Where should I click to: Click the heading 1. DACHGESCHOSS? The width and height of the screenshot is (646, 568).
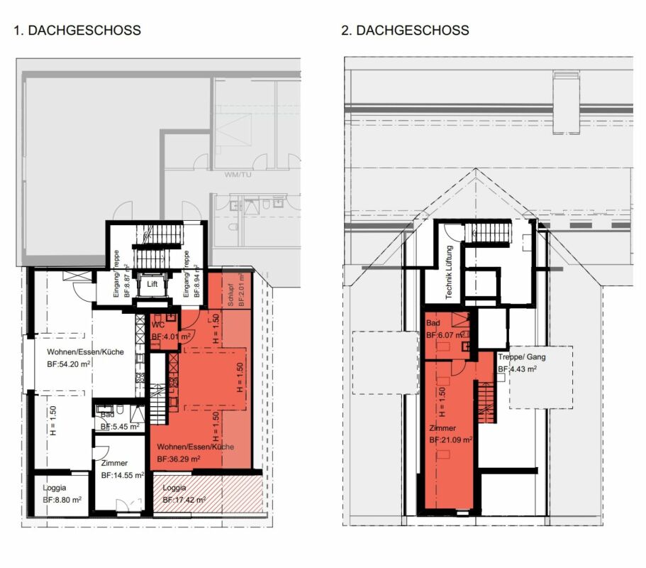77,31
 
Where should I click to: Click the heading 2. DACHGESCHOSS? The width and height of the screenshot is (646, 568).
405,31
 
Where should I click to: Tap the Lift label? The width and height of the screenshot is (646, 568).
152,285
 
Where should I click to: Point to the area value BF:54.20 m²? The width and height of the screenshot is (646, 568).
69,364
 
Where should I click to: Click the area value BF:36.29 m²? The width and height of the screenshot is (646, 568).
179,459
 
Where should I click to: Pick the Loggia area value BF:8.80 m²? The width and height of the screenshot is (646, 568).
58,500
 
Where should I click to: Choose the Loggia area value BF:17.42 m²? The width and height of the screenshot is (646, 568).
184,500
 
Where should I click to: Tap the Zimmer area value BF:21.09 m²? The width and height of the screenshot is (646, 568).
451,440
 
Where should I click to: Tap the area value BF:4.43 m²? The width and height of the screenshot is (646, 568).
517,369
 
